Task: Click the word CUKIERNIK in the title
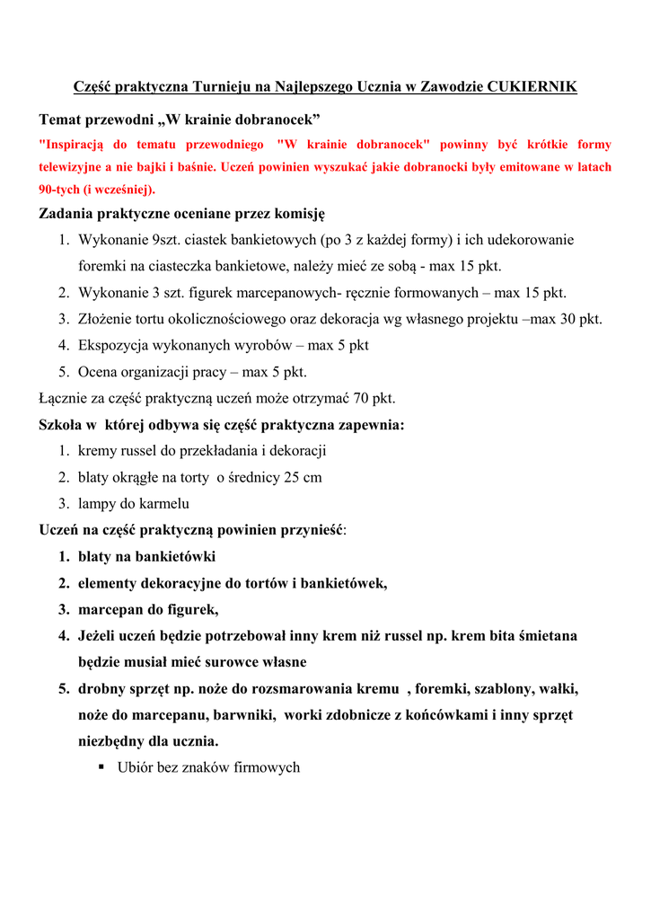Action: [x=532, y=87]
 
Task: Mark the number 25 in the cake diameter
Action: [x=292, y=477]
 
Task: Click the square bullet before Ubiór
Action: [x=102, y=767]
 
